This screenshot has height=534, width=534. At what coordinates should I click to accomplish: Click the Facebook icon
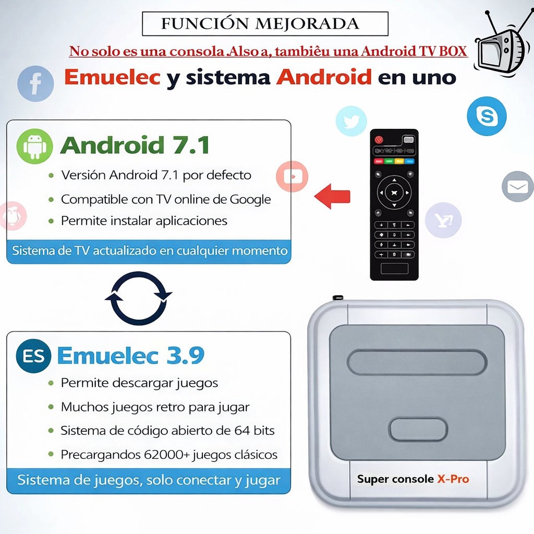click(35, 84)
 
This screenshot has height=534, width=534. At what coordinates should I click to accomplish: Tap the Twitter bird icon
click(351, 121)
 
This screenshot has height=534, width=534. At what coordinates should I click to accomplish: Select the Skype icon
click(487, 116)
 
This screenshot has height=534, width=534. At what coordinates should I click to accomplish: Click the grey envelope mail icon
click(518, 186)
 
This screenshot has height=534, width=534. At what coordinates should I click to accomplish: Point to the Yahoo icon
click(443, 220)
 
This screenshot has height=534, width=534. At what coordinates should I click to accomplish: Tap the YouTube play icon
click(292, 176)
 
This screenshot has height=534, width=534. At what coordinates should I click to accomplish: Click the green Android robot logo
click(35, 147)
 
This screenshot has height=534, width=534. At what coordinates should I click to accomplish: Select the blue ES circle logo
click(34, 356)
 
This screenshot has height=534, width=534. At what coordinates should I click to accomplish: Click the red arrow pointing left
click(332, 197)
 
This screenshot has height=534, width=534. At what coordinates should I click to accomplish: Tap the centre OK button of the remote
click(394, 193)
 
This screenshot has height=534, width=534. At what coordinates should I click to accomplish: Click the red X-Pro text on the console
click(453, 479)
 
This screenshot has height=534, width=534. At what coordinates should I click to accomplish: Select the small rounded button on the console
click(418, 430)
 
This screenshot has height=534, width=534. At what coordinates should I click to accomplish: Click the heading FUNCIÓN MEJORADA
click(260, 24)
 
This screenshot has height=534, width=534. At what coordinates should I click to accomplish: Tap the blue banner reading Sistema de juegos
click(149, 480)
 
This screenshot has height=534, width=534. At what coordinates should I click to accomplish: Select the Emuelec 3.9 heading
click(131, 355)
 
